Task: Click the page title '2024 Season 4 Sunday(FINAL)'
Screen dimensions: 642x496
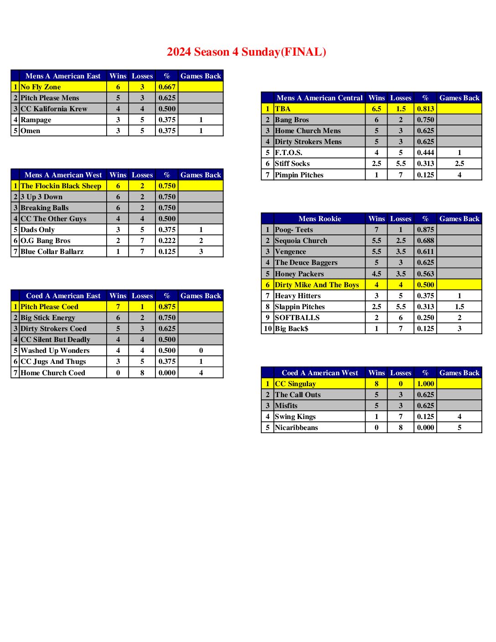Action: coord(246,52)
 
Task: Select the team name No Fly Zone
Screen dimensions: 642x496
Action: coord(41,87)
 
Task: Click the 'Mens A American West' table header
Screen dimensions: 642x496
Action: coord(63,175)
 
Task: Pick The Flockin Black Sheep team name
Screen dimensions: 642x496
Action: coord(61,186)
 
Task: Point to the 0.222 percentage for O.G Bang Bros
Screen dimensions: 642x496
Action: coord(167,241)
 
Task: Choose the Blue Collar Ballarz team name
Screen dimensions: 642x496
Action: coord(52,252)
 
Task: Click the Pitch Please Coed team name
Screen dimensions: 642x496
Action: coord(49,307)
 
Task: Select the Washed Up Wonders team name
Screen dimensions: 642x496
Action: coord(55,351)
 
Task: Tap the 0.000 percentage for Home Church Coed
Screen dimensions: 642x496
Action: coord(167,373)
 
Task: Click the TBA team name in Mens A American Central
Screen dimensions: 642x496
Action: coord(283,109)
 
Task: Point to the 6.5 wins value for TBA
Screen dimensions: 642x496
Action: coord(377,109)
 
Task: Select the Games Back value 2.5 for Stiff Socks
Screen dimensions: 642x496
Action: coord(459,164)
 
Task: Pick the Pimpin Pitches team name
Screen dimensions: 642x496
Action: coord(299,175)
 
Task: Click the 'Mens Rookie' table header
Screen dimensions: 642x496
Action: coord(320,219)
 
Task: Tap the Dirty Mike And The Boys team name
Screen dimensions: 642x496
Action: coord(317,285)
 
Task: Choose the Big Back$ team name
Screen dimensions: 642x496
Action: coord(291,329)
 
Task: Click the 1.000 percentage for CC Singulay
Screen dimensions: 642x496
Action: coord(425,384)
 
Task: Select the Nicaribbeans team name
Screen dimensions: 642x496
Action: coord(296,428)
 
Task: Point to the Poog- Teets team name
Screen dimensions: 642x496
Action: coord(294,230)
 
